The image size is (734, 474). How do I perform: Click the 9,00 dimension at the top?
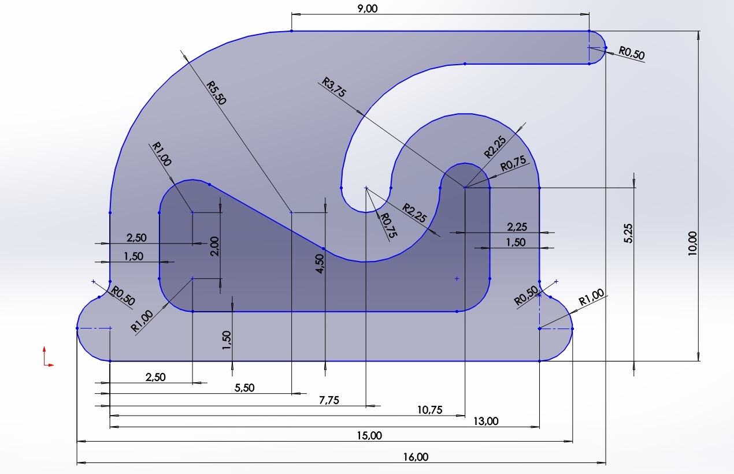click(x=366, y=8)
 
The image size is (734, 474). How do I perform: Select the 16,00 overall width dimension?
click(x=416, y=457)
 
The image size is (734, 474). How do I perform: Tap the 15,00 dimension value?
click(x=370, y=435)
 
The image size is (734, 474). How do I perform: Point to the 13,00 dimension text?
click(x=485, y=421)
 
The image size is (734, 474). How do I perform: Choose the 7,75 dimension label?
click(x=329, y=400)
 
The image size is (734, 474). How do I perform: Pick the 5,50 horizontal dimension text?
click(x=244, y=388)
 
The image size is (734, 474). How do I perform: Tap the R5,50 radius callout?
click(x=217, y=92)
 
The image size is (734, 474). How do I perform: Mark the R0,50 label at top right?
click(x=631, y=53)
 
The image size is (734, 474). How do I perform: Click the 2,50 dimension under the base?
click(x=155, y=377)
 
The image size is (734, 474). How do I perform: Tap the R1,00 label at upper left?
click(x=161, y=154)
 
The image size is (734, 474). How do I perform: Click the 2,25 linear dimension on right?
click(x=516, y=226)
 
